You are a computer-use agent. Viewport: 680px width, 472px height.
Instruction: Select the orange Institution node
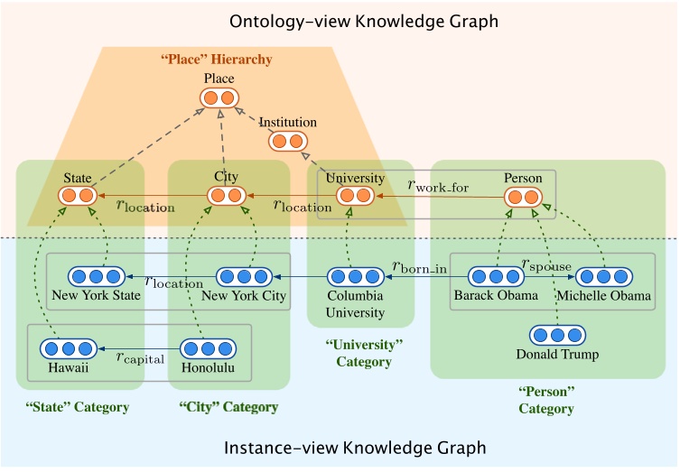288,141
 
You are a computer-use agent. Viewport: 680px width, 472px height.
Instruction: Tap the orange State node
77,195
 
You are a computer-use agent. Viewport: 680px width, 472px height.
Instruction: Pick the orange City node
226,195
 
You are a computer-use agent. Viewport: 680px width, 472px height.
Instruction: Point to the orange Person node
523,196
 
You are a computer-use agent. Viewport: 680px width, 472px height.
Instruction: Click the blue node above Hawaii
69,348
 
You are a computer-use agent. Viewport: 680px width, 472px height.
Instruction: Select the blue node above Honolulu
209,348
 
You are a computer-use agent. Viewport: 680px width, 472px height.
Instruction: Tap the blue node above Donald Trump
557,335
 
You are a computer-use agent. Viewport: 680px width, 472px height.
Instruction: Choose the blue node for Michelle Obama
603,277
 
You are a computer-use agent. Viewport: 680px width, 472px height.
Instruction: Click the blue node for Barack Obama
496,277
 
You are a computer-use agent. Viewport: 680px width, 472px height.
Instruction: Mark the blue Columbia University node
355,277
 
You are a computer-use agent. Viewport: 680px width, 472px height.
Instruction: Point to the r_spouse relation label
546,264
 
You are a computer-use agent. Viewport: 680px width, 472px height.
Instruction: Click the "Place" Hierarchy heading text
216,60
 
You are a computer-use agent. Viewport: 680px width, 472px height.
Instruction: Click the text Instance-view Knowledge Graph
354,448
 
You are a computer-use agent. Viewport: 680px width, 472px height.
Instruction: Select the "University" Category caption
363,353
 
